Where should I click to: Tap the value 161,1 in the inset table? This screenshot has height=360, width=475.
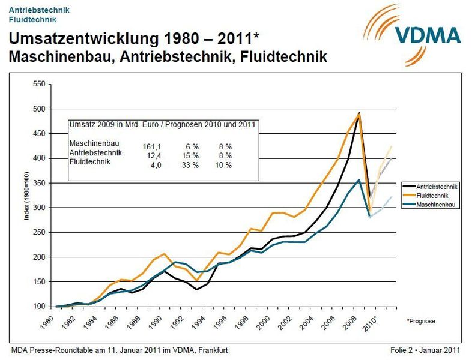[x=153, y=146]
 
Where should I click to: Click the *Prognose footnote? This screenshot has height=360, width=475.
[x=421, y=321]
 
